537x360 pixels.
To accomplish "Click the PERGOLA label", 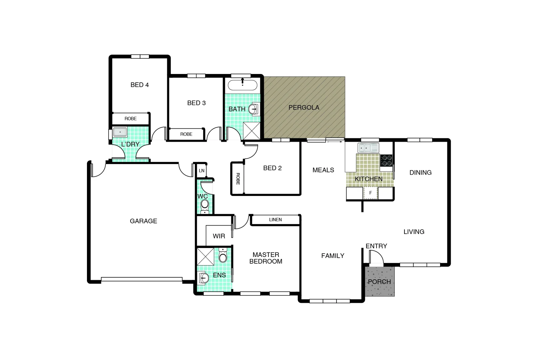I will (303, 108).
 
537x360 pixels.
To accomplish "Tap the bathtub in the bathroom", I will (242, 86).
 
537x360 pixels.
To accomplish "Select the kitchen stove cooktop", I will (386, 160).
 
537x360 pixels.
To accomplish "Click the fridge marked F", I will (370, 193).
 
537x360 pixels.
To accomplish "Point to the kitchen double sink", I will (368, 148).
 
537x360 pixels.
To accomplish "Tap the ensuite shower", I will (206, 256).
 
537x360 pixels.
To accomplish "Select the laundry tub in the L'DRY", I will (120, 132).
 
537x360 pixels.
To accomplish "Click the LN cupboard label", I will (201, 171).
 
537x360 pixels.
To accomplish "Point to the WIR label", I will (219, 236).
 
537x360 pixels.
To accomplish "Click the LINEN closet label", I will (275, 220).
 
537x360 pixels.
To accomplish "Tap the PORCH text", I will (379, 282).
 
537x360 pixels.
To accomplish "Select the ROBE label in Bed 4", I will (131, 119).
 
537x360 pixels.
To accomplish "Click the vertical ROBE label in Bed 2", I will (238, 179).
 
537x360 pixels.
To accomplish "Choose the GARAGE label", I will (143, 221).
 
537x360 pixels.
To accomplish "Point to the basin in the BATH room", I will (254, 109).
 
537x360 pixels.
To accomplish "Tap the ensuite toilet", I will (223, 256).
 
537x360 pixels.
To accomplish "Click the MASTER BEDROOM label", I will (266, 258).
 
